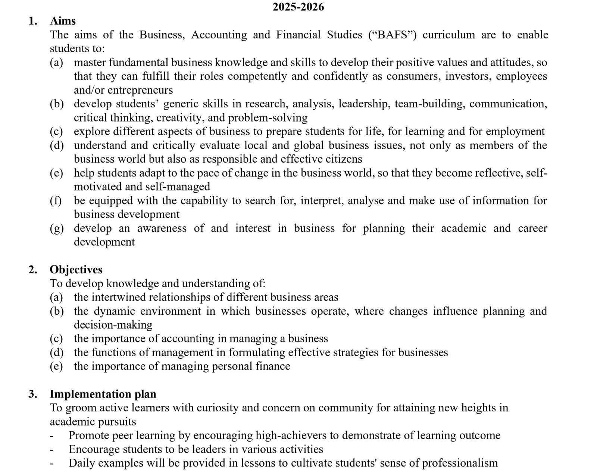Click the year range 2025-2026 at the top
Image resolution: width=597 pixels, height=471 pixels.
(x=298, y=7)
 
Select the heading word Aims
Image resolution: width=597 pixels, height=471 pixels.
(x=63, y=21)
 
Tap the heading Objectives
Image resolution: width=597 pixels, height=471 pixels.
(x=76, y=270)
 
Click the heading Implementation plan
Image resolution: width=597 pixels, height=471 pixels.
(x=103, y=394)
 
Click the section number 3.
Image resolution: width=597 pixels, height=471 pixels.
(x=32, y=394)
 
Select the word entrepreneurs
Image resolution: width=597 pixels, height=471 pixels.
(x=140, y=90)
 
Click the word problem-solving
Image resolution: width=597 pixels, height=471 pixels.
(x=268, y=118)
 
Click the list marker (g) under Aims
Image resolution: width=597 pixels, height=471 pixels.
(x=56, y=228)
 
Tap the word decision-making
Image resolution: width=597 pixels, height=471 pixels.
(x=113, y=325)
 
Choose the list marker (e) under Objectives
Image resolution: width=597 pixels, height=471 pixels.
(x=56, y=366)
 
